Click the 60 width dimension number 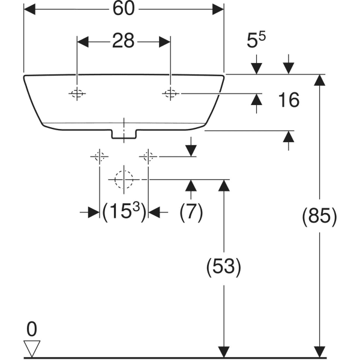tap(124, 9)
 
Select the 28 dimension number tap(123, 41)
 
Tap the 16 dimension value tap(289, 100)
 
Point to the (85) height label tap(319, 216)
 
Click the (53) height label tap(223, 267)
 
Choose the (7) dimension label tap(191, 211)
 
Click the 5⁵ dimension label tap(256, 41)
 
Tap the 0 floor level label tap(31, 329)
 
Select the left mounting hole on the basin tap(77, 93)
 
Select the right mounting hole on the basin tap(170, 93)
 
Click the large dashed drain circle tap(124, 179)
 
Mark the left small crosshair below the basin tap(99, 157)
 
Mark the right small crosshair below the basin tap(148, 157)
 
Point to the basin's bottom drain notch tap(124, 135)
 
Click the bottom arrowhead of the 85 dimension tap(319, 352)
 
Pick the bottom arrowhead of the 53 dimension tap(223, 352)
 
